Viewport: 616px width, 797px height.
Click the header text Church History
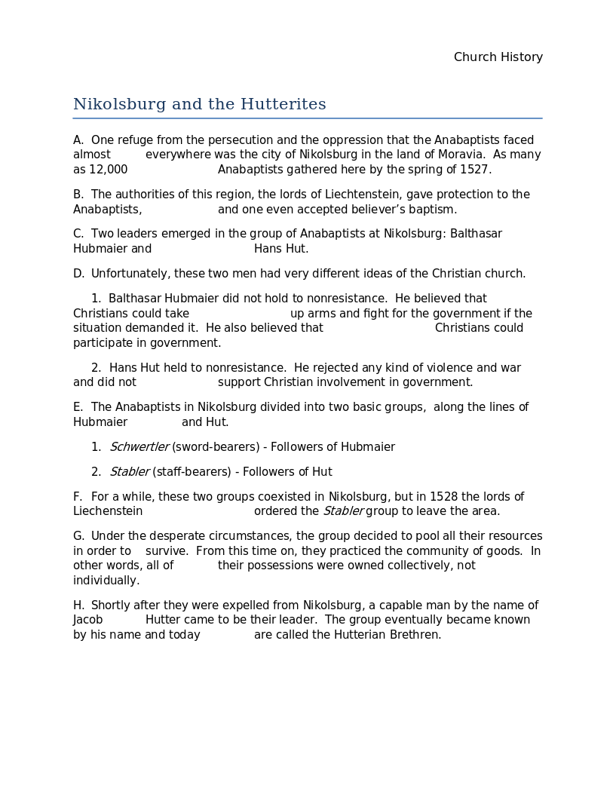(498, 57)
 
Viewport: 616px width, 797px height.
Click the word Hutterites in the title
(283, 104)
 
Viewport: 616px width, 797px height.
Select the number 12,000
(109, 170)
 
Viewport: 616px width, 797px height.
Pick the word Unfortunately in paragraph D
(126, 274)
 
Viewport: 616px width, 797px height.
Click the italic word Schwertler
(139, 447)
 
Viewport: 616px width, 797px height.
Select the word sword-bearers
(214, 447)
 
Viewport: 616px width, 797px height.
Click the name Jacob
(87, 620)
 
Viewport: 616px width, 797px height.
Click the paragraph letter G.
(78, 536)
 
